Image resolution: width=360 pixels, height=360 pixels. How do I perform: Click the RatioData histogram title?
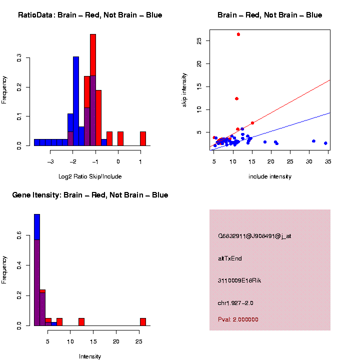(90, 15)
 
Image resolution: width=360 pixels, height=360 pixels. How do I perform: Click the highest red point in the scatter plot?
(238, 34)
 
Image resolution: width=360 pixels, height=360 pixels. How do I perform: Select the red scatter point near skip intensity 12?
(237, 98)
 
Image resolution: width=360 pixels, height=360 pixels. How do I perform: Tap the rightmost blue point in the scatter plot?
(325, 143)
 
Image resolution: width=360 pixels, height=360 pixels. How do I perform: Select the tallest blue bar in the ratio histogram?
(76, 100)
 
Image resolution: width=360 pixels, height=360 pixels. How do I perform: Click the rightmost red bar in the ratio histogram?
(143, 138)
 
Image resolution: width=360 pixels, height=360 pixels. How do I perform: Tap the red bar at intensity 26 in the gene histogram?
(143, 321)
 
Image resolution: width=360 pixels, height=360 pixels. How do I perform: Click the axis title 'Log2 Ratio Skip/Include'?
(90, 176)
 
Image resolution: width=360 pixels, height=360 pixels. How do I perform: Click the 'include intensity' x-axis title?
(270, 176)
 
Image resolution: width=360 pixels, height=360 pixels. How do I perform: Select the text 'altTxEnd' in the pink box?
(230, 258)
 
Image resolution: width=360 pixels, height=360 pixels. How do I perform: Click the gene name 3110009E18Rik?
(239, 280)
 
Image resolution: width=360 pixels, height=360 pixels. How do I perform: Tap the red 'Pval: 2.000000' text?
(238, 319)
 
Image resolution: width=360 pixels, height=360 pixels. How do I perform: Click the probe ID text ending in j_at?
(254, 236)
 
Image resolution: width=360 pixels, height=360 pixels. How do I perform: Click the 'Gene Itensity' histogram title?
(90, 195)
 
